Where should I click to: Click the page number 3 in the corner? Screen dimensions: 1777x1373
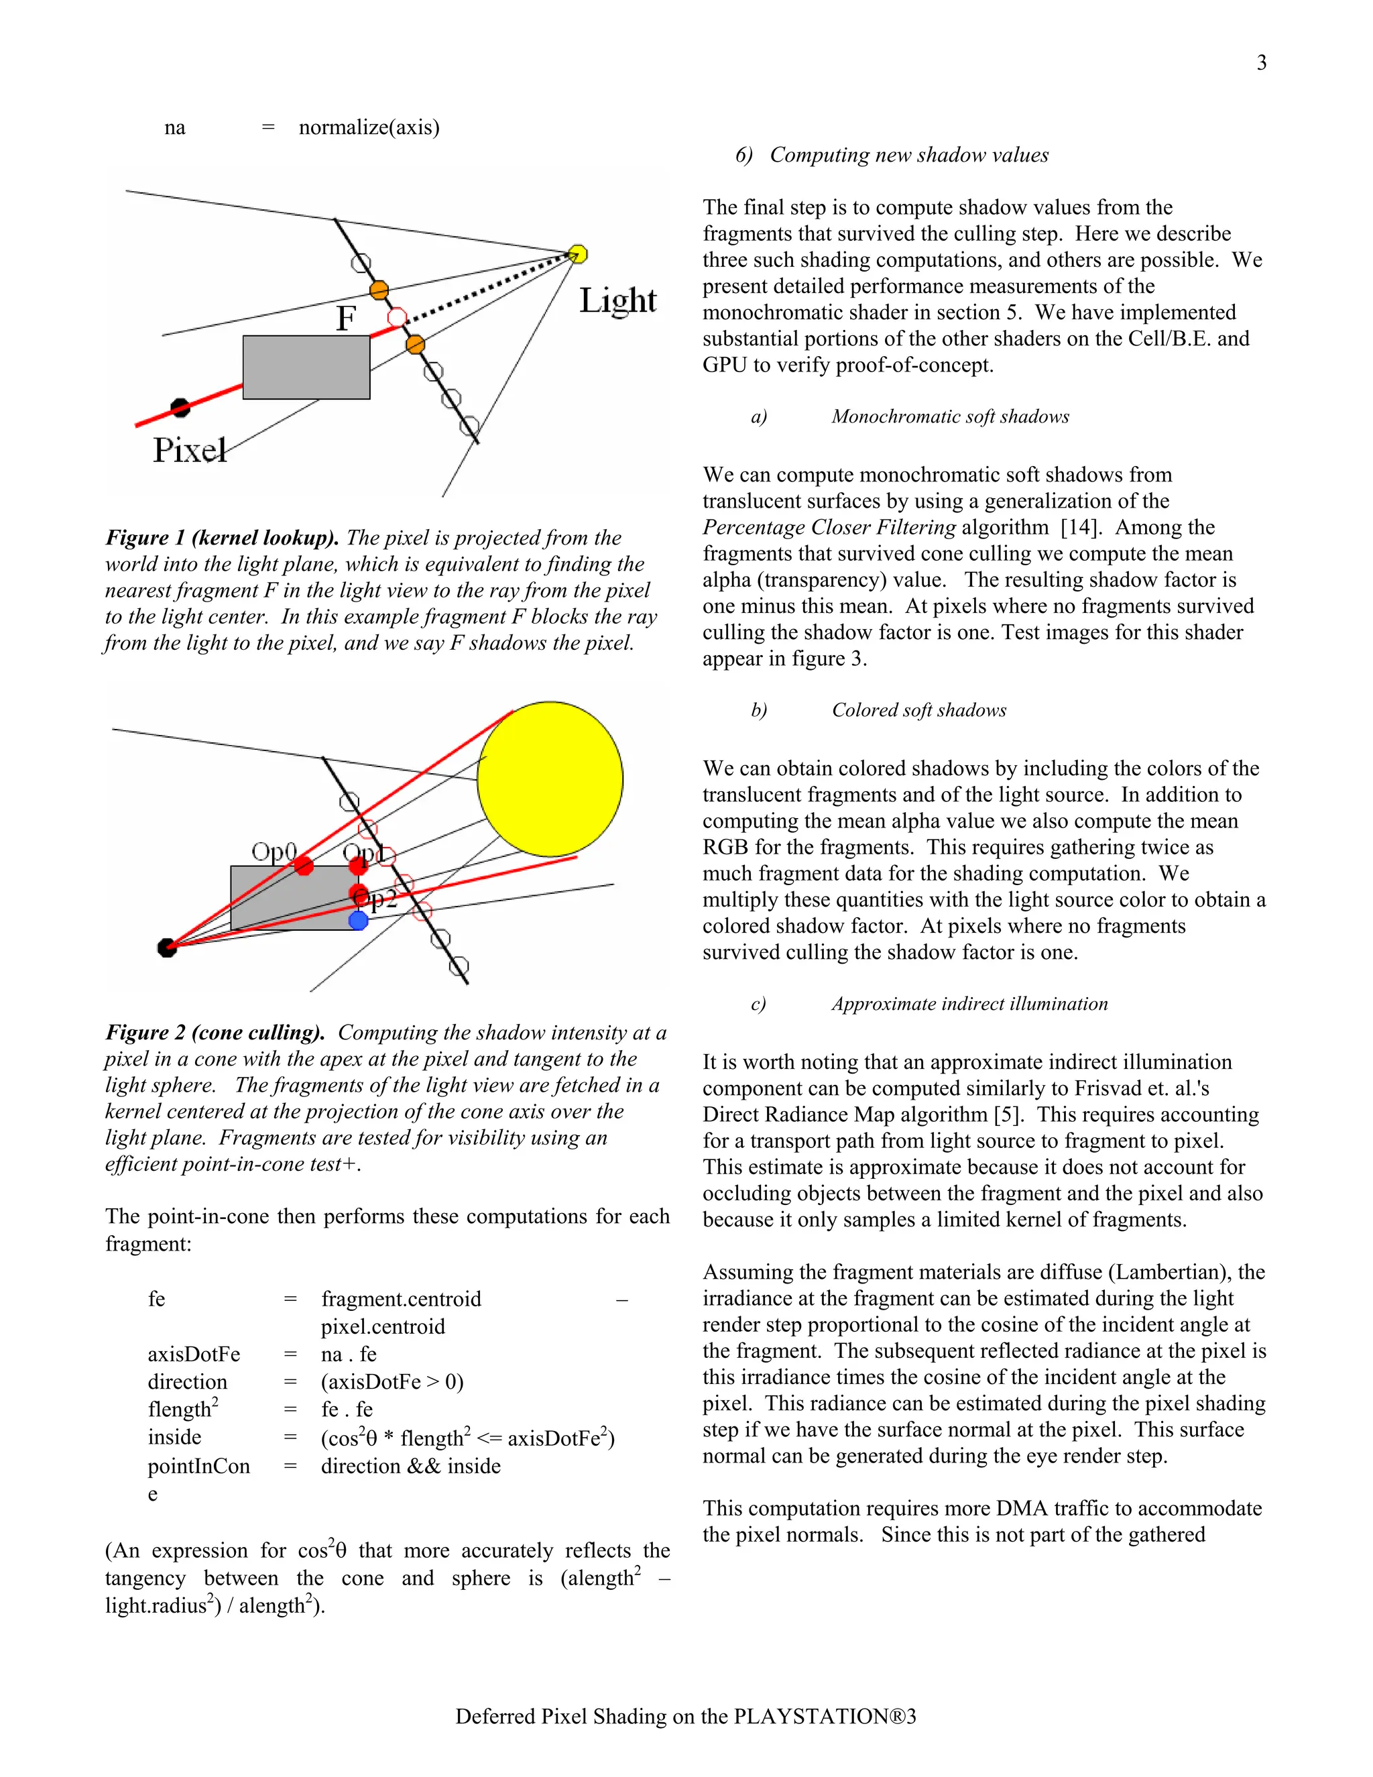[x=1261, y=62]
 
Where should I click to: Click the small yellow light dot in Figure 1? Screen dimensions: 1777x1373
[x=577, y=254]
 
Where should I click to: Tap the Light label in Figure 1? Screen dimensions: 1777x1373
[x=617, y=300]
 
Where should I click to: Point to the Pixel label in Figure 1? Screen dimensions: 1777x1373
[x=190, y=450]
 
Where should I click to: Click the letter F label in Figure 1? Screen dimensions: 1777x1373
[x=346, y=318]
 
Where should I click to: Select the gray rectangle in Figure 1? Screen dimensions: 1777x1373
[x=306, y=367]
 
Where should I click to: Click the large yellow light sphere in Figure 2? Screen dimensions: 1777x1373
[x=550, y=779]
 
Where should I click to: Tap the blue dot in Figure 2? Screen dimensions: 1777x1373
[x=358, y=920]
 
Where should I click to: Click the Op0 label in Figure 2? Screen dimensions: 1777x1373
[x=274, y=851]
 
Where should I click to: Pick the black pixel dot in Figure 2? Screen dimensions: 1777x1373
[x=168, y=947]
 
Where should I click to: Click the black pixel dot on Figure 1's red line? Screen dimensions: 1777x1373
[x=180, y=407]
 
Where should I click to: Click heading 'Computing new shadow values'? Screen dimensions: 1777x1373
[x=908, y=155]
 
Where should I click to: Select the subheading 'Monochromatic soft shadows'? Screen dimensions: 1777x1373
[x=949, y=416]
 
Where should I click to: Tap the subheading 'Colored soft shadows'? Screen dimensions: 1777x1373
[x=918, y=710]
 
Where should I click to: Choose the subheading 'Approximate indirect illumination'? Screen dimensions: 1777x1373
[x=969, y=1004]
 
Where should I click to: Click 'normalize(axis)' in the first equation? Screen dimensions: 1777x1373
[x=369, y=127]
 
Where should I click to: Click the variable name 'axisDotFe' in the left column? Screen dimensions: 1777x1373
[x=194, y=1354]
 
